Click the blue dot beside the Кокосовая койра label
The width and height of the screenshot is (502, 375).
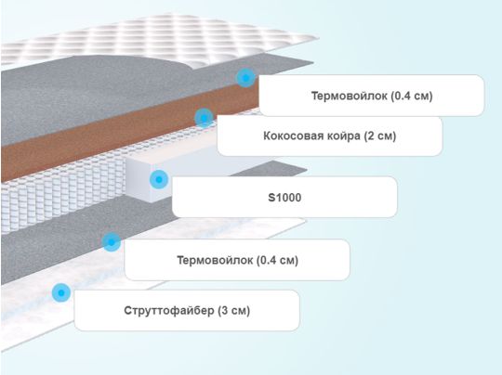(x=204, y=118)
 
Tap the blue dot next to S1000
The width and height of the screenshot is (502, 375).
(x=159, y=179)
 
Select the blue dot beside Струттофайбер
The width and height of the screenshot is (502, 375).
(x=61, y=292)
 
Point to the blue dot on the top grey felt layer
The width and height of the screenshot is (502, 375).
(x=245, y=78)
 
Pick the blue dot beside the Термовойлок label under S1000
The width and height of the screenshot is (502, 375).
(x=112, y=241)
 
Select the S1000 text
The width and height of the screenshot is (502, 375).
(x=284, y=198)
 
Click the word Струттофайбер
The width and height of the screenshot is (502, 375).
(x=169, y=310)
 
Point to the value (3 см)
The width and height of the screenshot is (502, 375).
(x=234, y=310)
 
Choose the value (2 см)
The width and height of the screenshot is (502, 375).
(x=380, y=136)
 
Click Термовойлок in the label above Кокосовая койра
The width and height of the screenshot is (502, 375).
(x=350, y=96)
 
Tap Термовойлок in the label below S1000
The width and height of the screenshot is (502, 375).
(x=215, y=260)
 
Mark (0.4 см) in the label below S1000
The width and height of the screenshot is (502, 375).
(x=277, y=260)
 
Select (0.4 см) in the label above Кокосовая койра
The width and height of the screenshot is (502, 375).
(x=412, y=96)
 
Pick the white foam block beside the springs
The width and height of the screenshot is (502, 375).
(x=141, y=179)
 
